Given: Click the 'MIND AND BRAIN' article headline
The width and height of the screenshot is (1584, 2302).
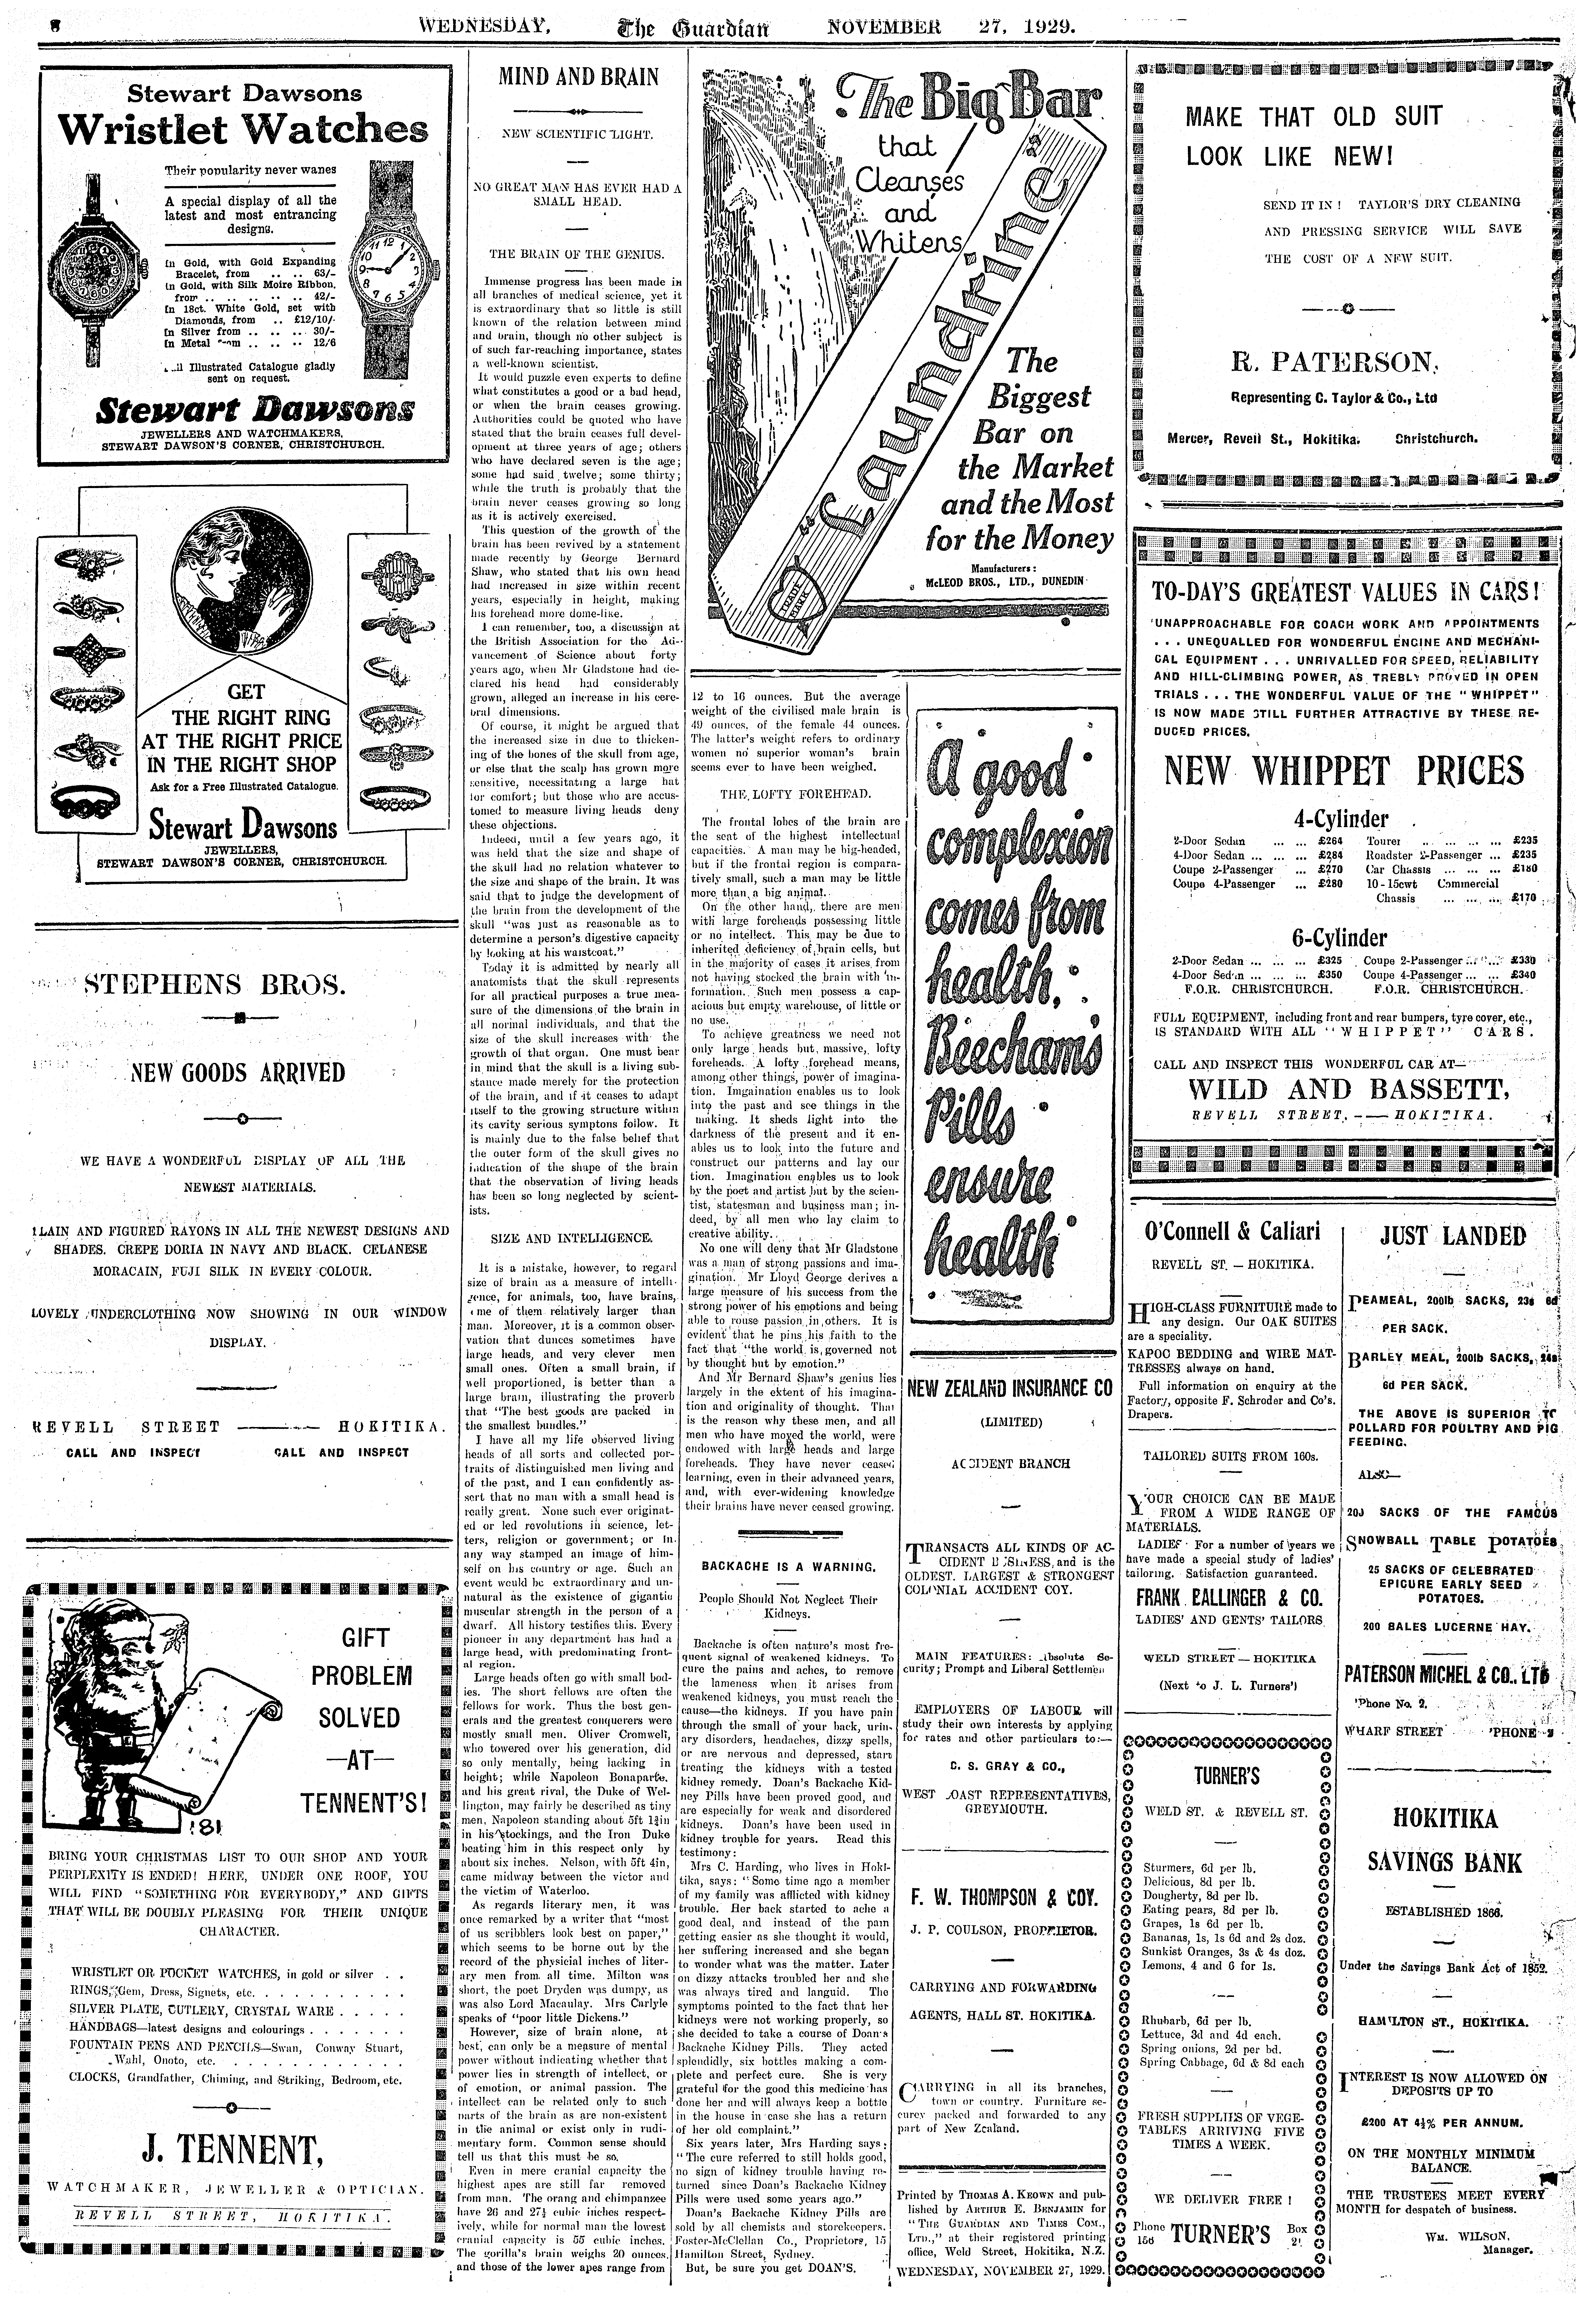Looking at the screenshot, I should coord(579,77).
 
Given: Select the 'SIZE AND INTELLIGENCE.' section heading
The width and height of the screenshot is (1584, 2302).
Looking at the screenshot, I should coord(572,1238).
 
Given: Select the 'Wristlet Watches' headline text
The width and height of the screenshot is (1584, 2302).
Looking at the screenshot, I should coord(243,130).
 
